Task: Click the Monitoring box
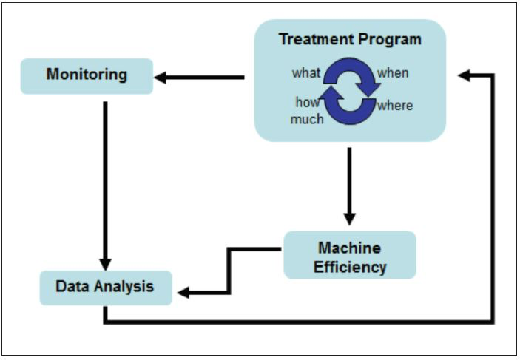coord(87,75)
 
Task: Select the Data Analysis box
coord(105,287)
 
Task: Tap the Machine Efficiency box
coord(350,256)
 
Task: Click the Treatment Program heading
coord(350,40)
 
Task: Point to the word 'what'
coord(306,72)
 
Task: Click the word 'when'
coord(393,72)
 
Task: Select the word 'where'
coord(395,105)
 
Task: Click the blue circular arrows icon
coord(350,90)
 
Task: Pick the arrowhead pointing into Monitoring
coord(161,76)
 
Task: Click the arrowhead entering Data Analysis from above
coord(105,264)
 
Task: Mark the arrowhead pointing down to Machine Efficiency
coord(349,219)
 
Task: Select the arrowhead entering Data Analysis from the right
coord(184,293)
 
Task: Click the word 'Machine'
coord(350,247)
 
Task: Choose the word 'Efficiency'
coord(350,266)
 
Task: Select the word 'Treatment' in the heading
coord(317,40)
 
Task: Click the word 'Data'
coord(72,287)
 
